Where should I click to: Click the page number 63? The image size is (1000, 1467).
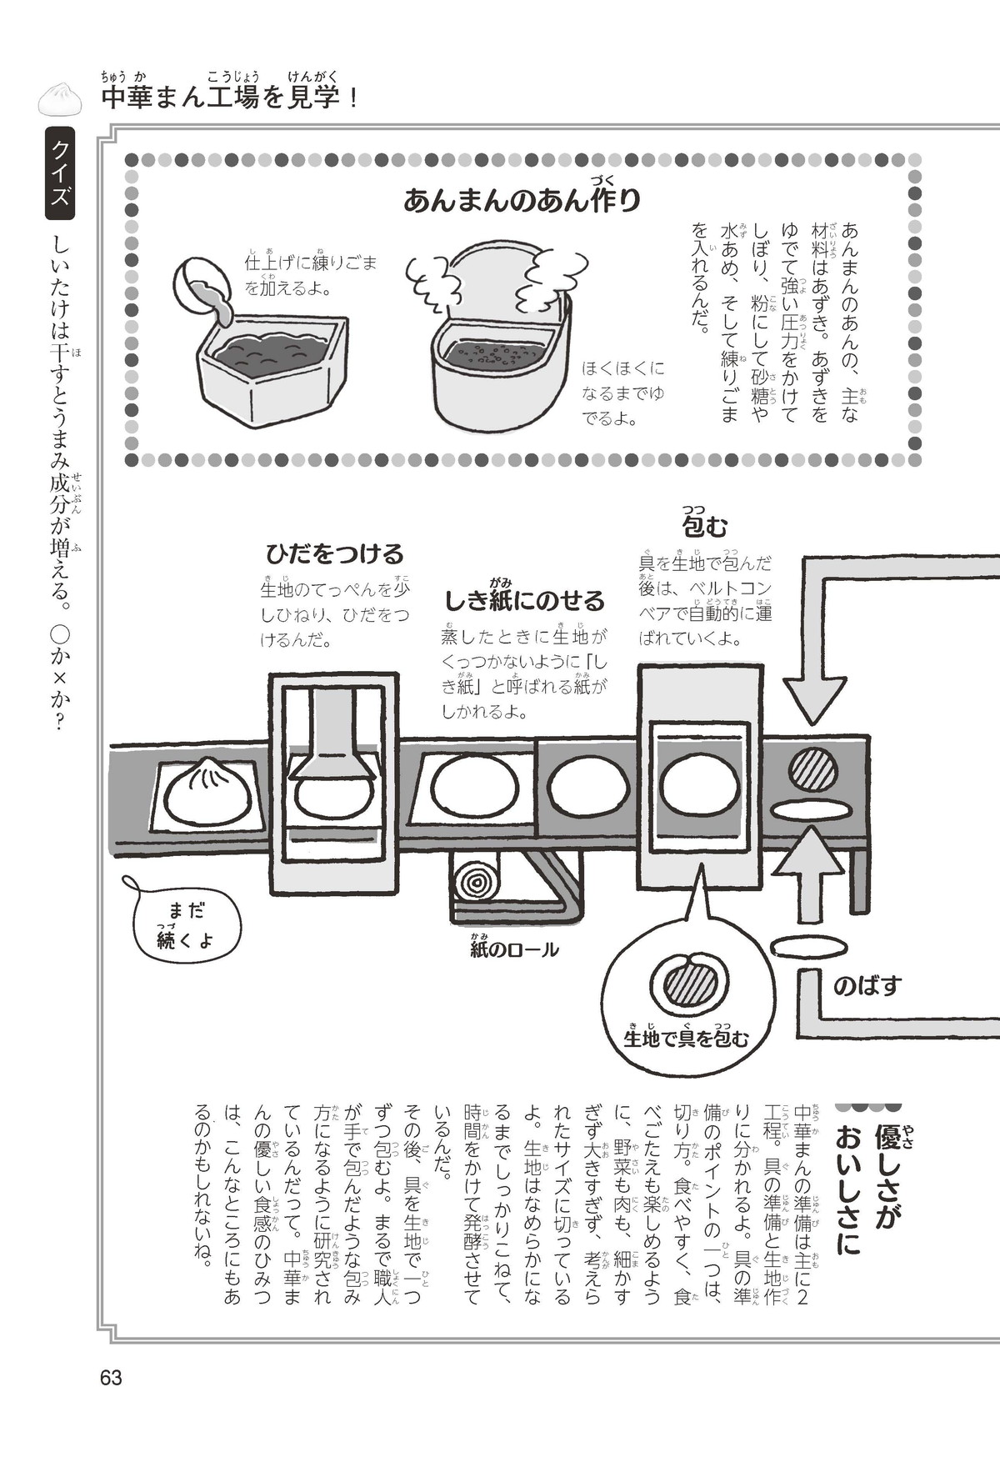111,1377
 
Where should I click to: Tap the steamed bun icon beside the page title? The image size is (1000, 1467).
61,98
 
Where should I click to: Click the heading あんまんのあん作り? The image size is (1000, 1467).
522,198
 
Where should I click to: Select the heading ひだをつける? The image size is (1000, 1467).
334,553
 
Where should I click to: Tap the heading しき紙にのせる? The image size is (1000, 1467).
524,600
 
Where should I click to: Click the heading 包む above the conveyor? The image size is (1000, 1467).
704,524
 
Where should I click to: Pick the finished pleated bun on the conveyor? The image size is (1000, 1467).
206,789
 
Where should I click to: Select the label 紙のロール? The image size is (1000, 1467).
514,949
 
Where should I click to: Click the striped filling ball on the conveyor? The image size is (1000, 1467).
811,765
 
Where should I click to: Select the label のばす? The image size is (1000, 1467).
867,986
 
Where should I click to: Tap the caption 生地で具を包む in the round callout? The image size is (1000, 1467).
686,1037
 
